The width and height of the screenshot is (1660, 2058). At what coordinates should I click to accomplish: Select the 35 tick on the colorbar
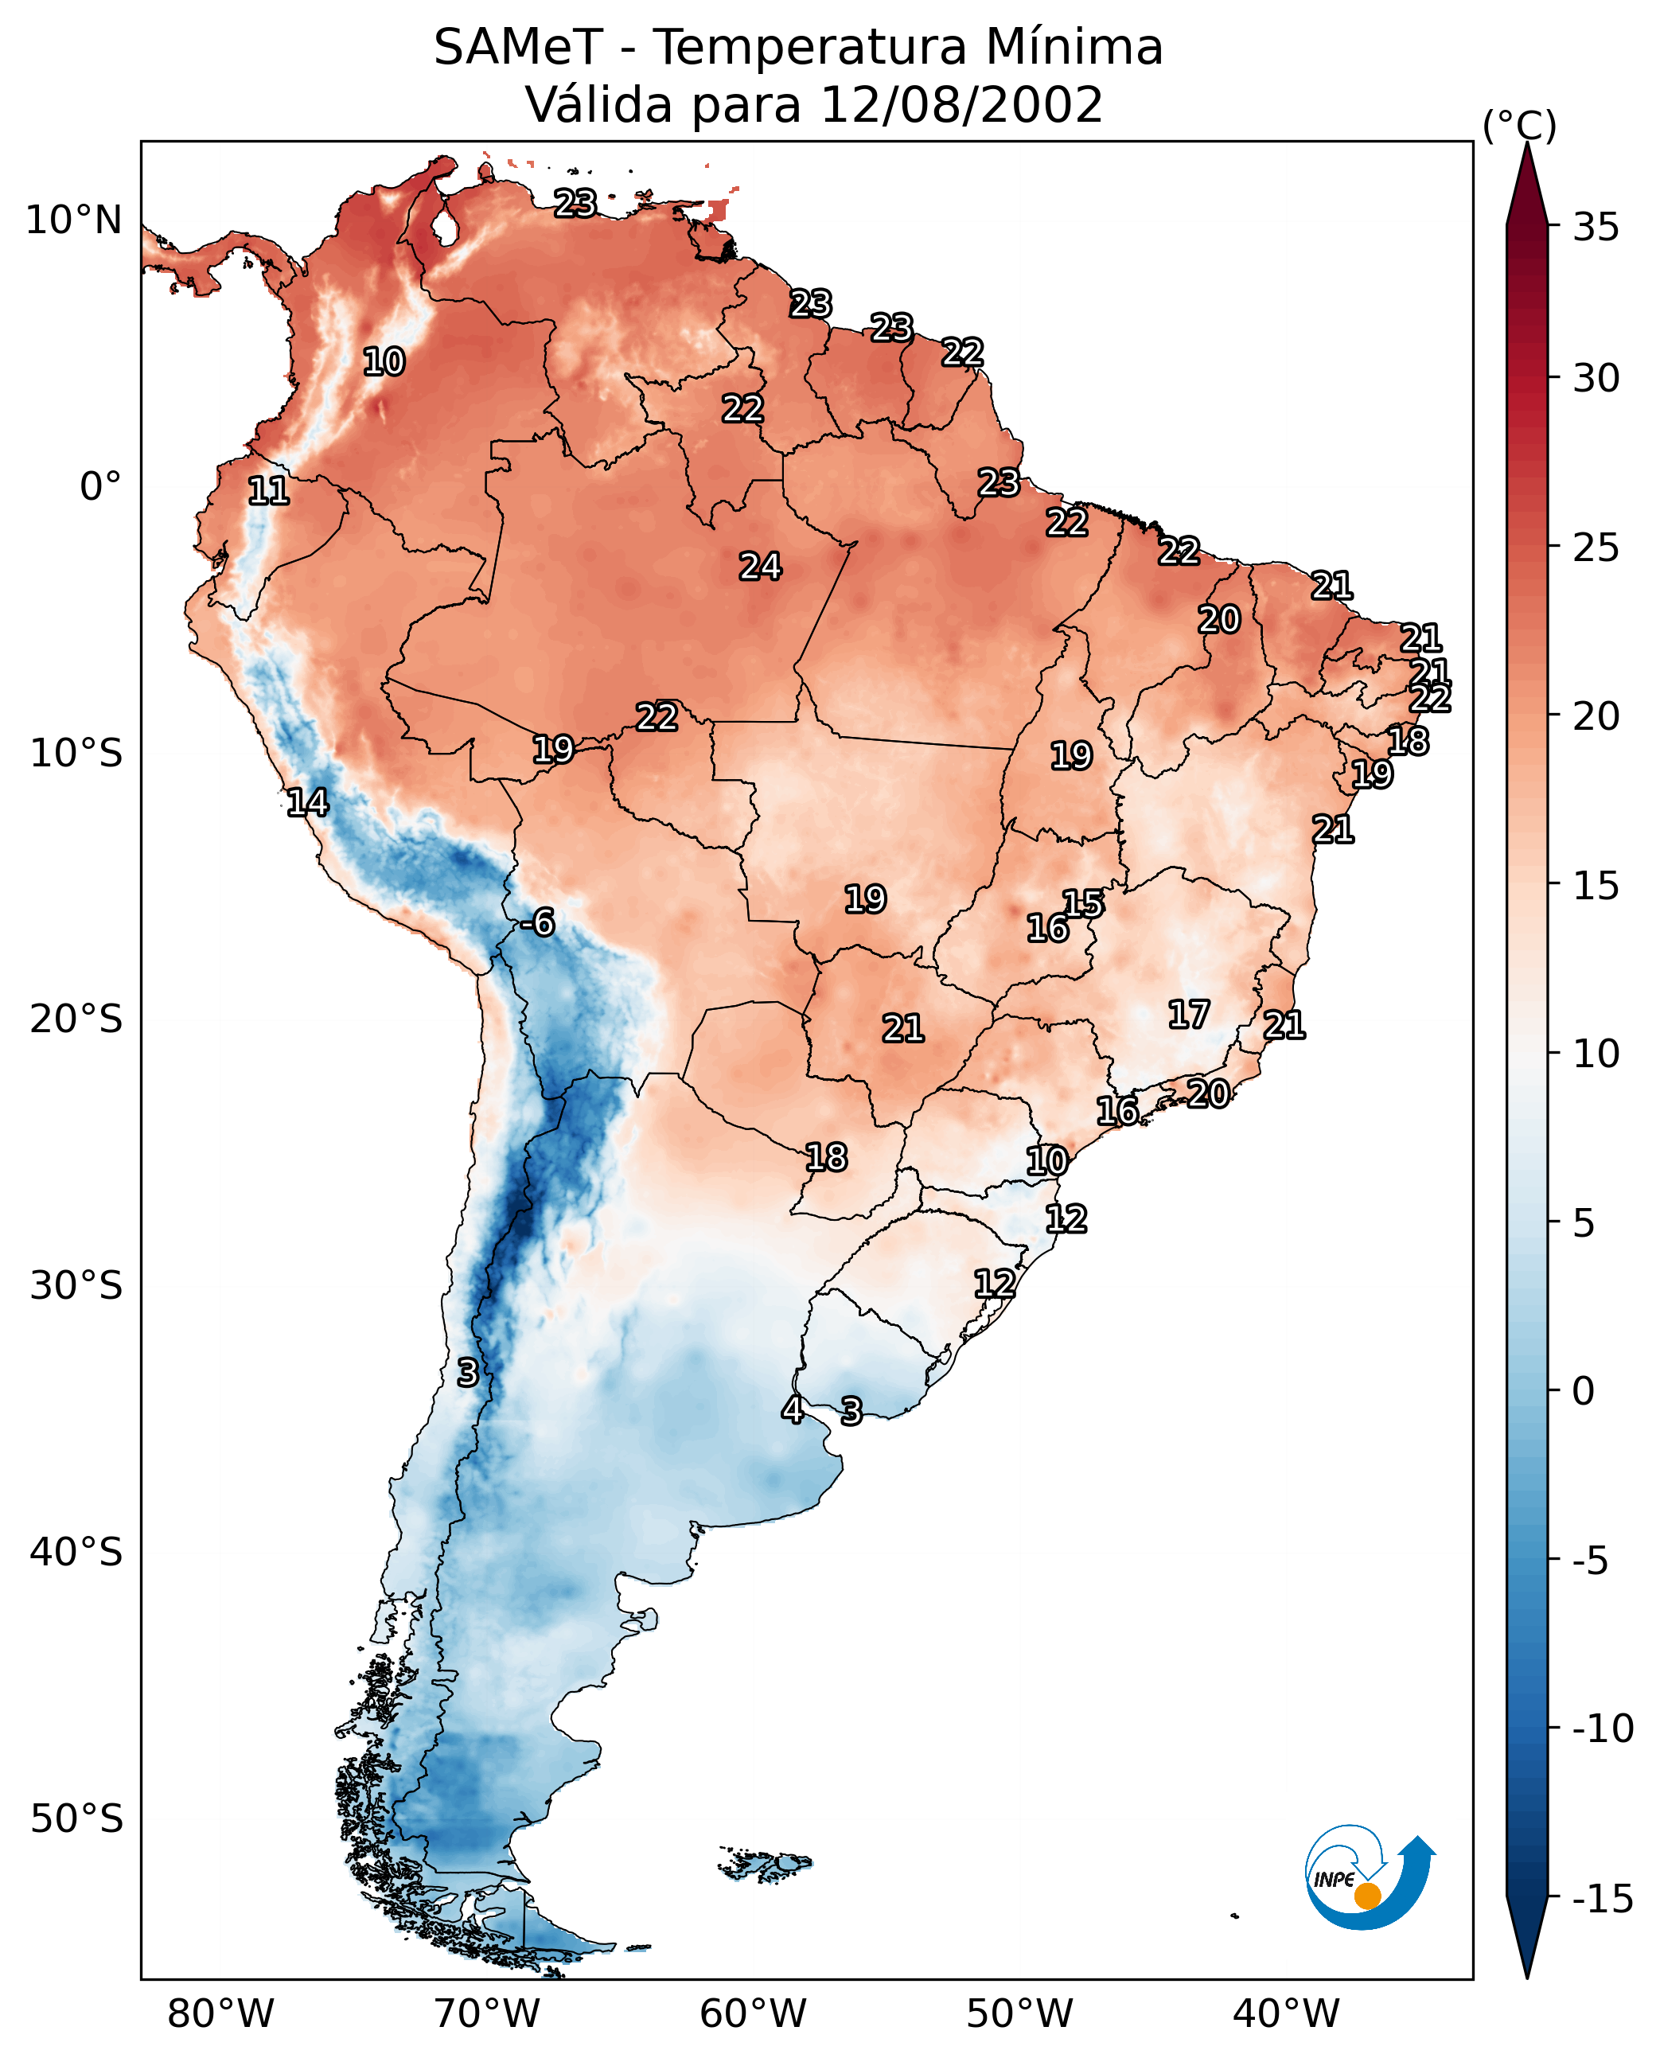coord(1596,228)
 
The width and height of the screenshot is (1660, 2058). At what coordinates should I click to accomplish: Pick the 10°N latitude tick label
coord(74,221)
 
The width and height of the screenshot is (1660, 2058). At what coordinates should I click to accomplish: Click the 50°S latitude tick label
coord(76,1819)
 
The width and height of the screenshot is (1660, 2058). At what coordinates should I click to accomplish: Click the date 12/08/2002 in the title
coord(962,104)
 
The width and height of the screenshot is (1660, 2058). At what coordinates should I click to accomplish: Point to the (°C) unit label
coord(1519,125)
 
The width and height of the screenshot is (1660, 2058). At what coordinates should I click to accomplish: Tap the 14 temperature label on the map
coord(308,802)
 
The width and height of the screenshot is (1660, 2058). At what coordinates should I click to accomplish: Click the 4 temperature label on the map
coord(792,1409)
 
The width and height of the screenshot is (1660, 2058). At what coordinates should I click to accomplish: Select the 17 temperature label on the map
coord(1189,1014)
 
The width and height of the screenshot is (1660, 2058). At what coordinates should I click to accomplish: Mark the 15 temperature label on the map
coord(1083,902)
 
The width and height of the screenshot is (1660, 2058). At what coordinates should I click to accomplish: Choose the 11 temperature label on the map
coord(269,490)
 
